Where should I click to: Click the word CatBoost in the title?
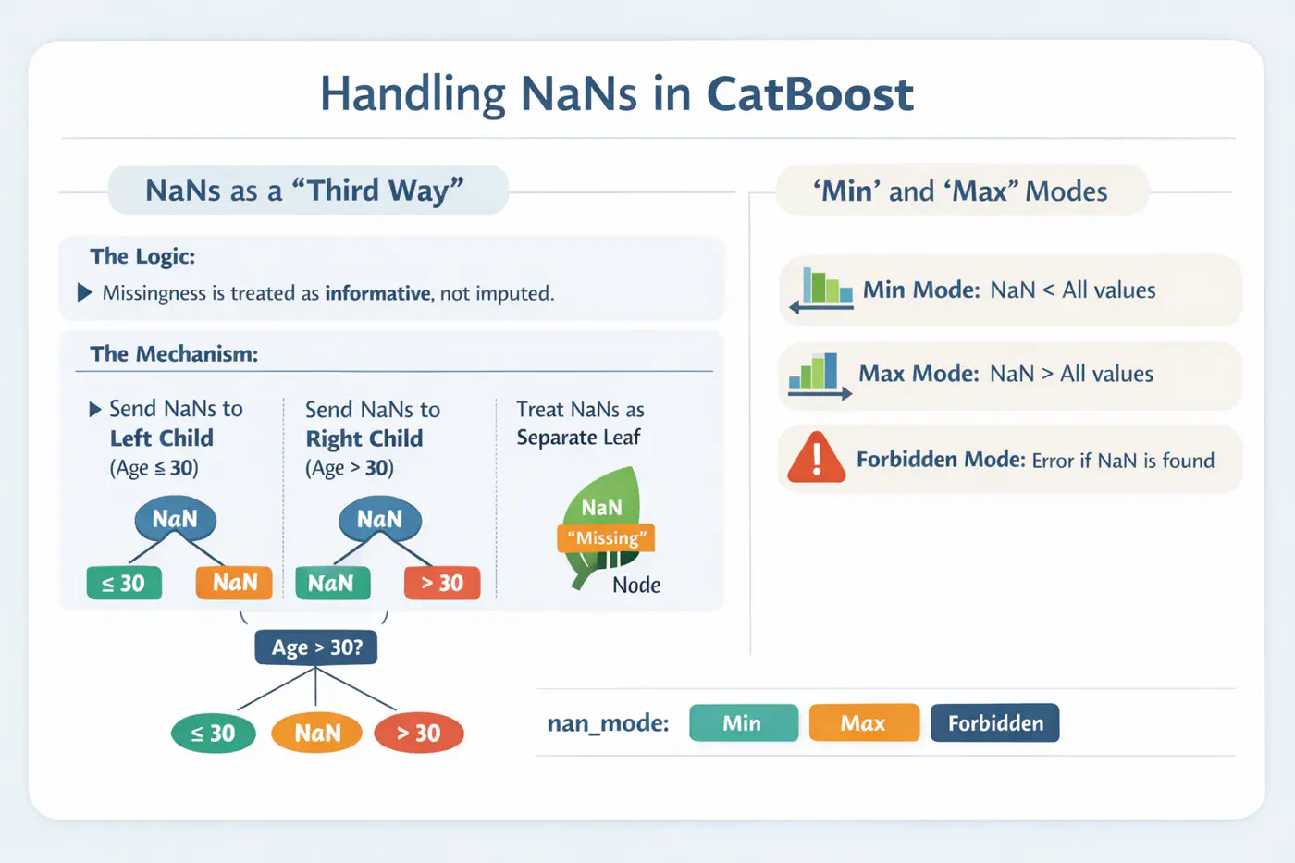tap(809, 94)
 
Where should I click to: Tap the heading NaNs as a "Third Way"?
tap(305, 191)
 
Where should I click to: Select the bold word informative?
tap(377, 293)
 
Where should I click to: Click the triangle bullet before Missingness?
tap(85, 293)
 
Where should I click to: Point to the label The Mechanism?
tap(174, 353)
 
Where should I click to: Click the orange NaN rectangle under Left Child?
tap(234, 583)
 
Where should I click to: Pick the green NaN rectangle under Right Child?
tap(332, 583)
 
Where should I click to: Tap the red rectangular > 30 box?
tap(442, 583)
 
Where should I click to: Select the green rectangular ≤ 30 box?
tap(124, 583)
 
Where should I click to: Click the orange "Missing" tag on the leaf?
tap(606, 537)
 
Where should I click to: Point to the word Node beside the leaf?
tap(636, 585)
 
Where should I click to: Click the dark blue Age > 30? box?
tap(316, 647)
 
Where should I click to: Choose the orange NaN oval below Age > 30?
tap(316, 734)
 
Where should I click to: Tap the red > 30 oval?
tap(419, 734)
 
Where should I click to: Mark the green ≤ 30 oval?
tap(214, 734)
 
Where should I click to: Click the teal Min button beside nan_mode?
tap(743, 723)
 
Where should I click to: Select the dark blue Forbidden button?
tap(994, 723)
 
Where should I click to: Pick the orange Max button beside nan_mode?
tap(864, 723)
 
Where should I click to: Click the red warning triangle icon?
tap(816, 459)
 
